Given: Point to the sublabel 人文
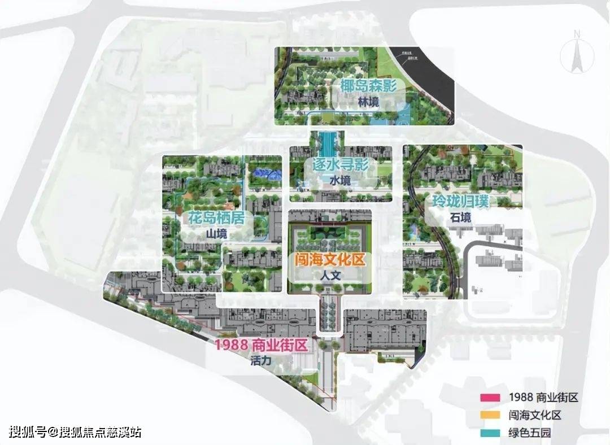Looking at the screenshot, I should [x=328, y=276].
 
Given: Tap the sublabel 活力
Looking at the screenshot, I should [x=261, y=361].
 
